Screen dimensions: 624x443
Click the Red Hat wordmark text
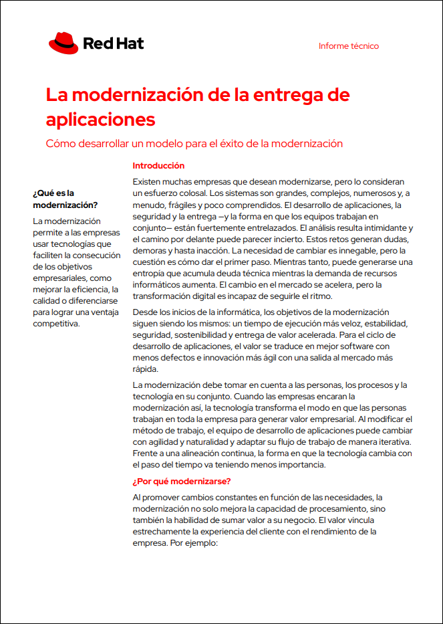(x=113, y=44)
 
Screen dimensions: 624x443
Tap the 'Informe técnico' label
(x=349, y=46)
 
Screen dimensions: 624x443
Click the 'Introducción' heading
(x=158, y=166)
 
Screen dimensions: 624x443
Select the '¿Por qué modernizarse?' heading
(x=182, y=482)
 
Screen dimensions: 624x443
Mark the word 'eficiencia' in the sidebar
(x=90, y=289)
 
